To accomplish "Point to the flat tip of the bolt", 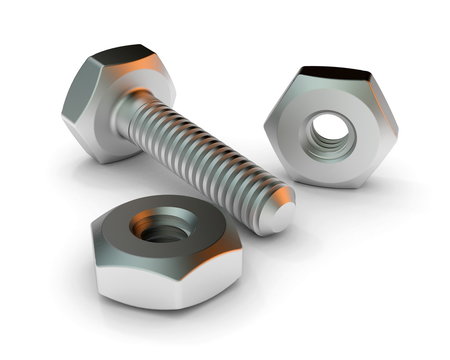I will point(281,212).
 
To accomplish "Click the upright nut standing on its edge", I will point(330,125).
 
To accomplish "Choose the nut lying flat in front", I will point(165,250).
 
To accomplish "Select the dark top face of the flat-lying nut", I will point(200,225).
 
